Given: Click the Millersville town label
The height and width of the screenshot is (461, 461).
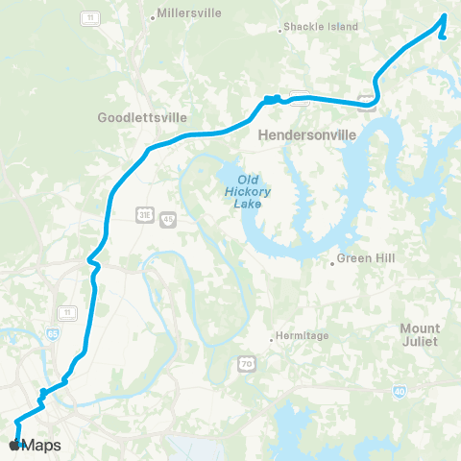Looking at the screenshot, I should (x=189, y=13).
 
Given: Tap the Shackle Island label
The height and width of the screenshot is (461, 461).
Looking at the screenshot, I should (x=321, y=27).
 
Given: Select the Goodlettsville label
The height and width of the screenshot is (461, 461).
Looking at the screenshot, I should (x=143, y=119).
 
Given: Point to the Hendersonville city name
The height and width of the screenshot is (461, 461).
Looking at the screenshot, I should (x=308, y=136).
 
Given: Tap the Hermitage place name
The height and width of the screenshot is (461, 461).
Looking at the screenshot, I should (x=303, y=335).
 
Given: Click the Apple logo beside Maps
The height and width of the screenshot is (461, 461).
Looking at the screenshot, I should (x=13, y=446).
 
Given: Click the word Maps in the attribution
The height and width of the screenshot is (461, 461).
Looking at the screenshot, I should (x=42, y=446).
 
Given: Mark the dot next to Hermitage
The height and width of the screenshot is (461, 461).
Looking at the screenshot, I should (x=272, y=336).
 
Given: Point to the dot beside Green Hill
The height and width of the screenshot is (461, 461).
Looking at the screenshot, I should (x=332, y=260).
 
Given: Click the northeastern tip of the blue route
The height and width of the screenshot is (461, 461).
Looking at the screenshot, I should (x=445, y=16).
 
